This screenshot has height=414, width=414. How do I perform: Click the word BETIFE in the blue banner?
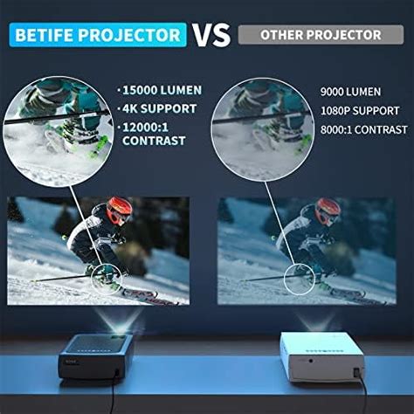[45, 35]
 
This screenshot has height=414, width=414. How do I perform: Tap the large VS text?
[211, 35]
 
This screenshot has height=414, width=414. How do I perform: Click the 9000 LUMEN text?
[350, 92]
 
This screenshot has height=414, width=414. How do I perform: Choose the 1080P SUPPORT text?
[360, 111]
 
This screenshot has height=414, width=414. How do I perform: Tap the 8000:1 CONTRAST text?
[363, 129]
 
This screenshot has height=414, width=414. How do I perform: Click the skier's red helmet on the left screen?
[119, 210]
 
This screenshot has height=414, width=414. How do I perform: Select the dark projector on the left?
[96, 356]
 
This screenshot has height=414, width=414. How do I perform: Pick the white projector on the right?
[322, 356]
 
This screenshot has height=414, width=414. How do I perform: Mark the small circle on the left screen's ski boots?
[92, 279]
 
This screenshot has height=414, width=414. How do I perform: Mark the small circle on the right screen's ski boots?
[285, 279]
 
